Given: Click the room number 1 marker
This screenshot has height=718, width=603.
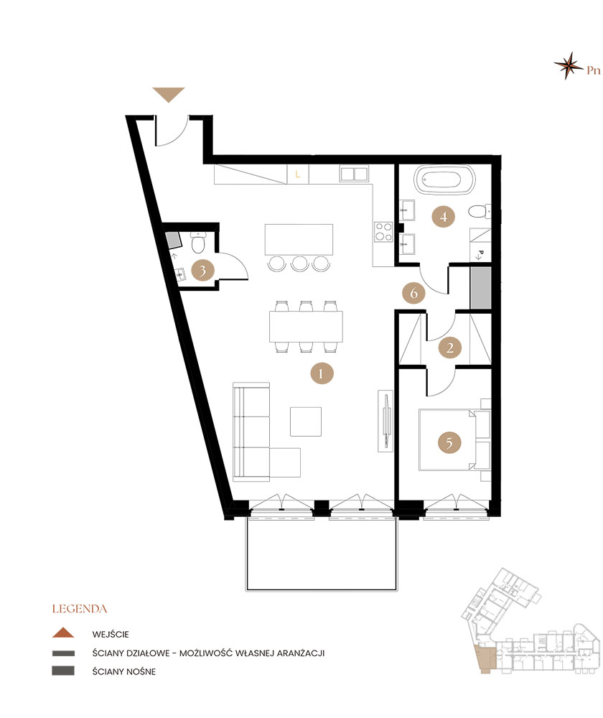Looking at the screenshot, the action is tap(321, 373).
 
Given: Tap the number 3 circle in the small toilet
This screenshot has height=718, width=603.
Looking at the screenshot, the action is tap(202, 271).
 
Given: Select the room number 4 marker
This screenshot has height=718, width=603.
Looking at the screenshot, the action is tap(443, 216).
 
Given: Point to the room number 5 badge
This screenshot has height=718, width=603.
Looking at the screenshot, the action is tap(449, 443).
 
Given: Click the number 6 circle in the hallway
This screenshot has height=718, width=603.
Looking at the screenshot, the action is tap(413, 293).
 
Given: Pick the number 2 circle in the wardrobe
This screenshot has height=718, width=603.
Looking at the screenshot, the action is tap(449, 348).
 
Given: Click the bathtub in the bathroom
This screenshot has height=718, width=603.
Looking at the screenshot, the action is tap(444, 179).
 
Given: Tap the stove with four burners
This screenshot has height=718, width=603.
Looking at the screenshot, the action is tap(383, 231).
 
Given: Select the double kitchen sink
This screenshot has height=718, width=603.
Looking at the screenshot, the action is tap(353, 174).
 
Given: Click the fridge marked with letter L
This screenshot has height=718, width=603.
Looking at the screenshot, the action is tap(298, 174).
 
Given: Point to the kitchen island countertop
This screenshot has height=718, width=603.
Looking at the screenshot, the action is tap(299, 240).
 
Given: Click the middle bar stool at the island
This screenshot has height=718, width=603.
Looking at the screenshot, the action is tap(299, 264).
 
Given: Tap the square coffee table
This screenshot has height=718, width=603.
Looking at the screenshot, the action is tap(305, 421).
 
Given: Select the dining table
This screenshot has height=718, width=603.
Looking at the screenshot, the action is tap(306, 327).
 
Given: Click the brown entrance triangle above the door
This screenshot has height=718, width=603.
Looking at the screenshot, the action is tap(169, 95).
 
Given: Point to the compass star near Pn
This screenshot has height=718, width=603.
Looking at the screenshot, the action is tap(569, 65).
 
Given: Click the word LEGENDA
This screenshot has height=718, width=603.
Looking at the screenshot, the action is tap(80, 609).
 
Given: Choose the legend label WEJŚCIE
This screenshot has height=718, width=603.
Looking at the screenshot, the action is tap(111, 634).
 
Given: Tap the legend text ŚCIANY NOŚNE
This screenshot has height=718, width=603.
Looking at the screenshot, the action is tap(124, 671).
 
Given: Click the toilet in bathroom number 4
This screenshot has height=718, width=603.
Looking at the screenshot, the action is tap(479, 212).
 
